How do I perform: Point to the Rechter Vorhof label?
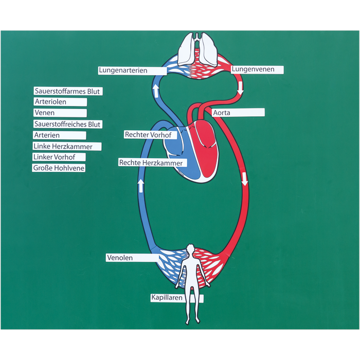click(x=150, y=135)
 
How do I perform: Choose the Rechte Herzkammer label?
click(x=152, y=163)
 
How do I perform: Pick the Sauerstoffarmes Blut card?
click(x=67, y=92)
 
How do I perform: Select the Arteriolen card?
click(x=60, y=102)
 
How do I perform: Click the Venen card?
click(x=59, y=113)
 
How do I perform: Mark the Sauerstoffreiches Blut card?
click(x=67, y=124)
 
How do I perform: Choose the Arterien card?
click(x=59, y=135)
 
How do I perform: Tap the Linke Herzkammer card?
click(x=66, y=147)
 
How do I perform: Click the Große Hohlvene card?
click(x=59, y=168)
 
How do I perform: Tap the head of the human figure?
click(x=190, y=250)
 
